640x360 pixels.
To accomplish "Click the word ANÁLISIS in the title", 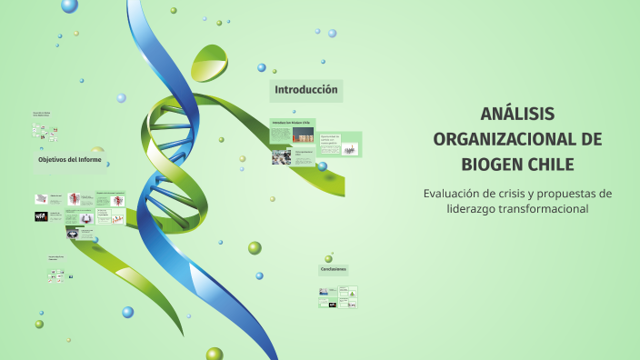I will point(517,114).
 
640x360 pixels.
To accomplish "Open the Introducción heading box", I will point(306,90).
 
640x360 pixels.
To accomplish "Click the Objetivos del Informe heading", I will point(70,160).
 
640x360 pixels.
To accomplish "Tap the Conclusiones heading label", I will point(333,269).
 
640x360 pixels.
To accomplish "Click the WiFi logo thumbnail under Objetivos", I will point(41,216).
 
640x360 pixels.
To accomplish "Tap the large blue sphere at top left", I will point(69,5).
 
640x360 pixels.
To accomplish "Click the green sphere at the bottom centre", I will point(215,354).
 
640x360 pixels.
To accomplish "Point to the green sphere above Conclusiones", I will point(329,259).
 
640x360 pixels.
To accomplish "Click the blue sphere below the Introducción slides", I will point(322,166).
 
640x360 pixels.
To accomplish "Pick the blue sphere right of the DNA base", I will point(259,275).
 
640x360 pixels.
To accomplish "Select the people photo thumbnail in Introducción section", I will point(281,157).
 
